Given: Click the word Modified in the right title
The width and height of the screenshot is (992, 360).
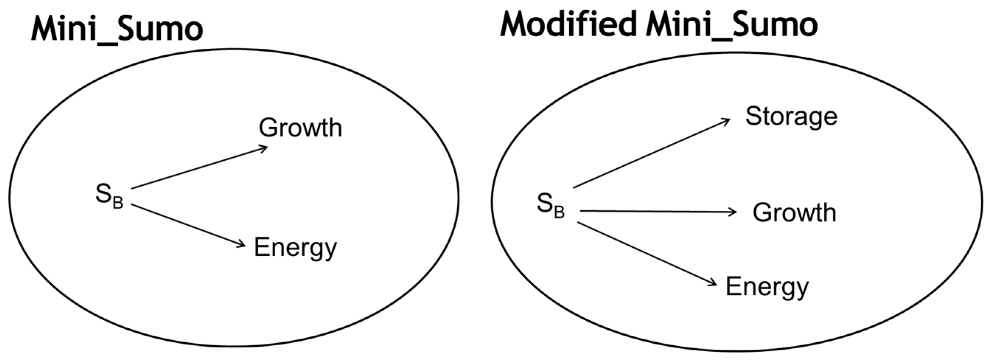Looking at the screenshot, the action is point(568,24).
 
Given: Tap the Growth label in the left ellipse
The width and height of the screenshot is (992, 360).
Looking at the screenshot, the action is point(300,128).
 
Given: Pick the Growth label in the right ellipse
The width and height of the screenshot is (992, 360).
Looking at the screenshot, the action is point(794,213).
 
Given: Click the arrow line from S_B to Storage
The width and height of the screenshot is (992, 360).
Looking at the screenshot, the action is point(652,153).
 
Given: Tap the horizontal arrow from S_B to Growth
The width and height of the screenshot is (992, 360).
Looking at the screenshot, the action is point(658,211).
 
